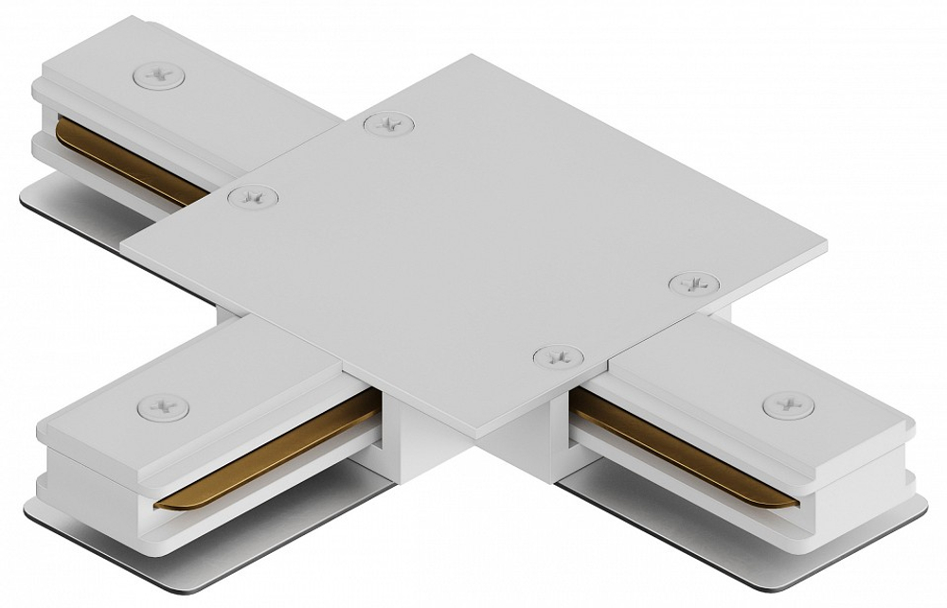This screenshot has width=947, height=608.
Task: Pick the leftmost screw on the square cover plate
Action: pos(252,197)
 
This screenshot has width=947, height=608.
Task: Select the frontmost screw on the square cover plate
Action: pos(556,357)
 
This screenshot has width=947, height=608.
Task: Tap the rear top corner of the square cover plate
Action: pos(479,57)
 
